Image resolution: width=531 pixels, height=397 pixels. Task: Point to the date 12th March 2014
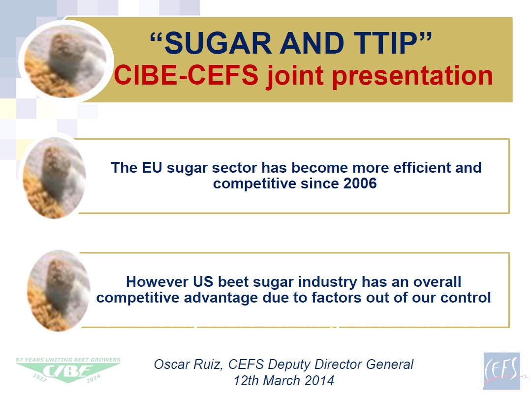[284, 380]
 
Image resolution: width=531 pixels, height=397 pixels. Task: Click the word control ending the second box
[464, 298]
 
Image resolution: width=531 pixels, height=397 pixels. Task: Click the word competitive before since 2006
[255, 184]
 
